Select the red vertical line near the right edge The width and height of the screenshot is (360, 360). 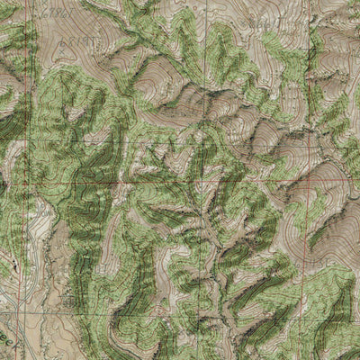(x=310, y=108)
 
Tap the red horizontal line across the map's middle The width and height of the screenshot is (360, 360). (x=180, y=183)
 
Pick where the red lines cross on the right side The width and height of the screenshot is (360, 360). (x=309, y=182)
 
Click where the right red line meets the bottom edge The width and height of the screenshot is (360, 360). (x=307, y=358)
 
